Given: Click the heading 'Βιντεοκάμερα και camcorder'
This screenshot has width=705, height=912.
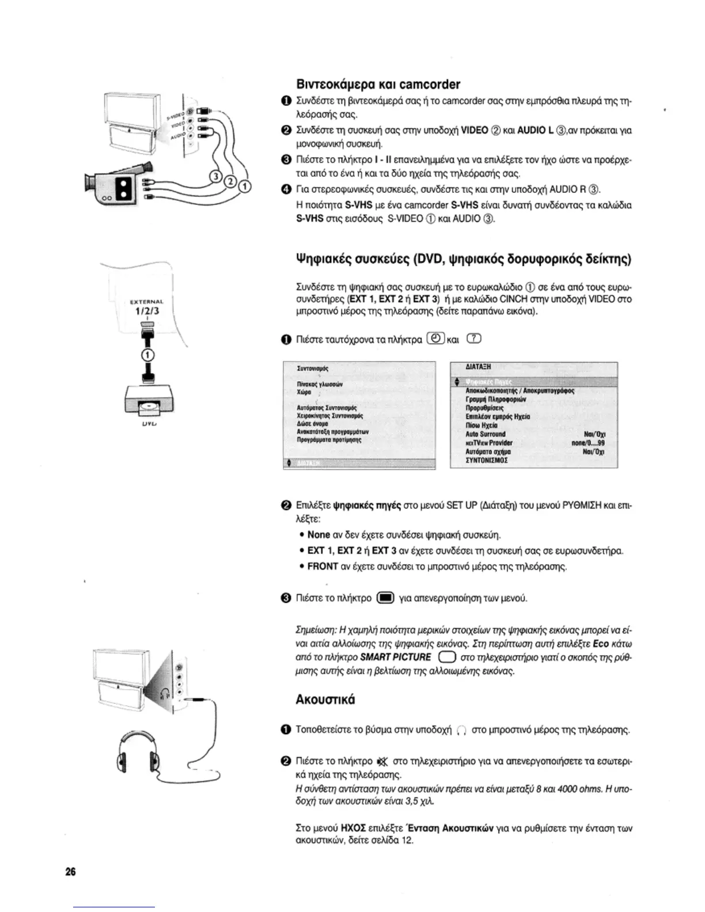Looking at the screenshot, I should (377, 85).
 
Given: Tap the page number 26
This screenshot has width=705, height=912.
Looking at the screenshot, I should (70, 871).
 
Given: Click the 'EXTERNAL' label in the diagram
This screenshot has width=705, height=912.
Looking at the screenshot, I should (147, 301).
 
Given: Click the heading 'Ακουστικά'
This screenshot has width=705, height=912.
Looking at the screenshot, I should (325, 700).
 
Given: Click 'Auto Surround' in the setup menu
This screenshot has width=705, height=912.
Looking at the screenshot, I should (486, 434).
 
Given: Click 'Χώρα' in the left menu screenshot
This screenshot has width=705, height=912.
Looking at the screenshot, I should (304, 392).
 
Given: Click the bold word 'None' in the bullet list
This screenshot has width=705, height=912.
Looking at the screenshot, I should (319, 535).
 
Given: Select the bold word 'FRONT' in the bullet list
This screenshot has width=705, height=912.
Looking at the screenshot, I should (323, 567).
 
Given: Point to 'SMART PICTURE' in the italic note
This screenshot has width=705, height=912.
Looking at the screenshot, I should (397, 658).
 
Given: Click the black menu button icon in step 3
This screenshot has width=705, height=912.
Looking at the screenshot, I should (385, 598).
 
